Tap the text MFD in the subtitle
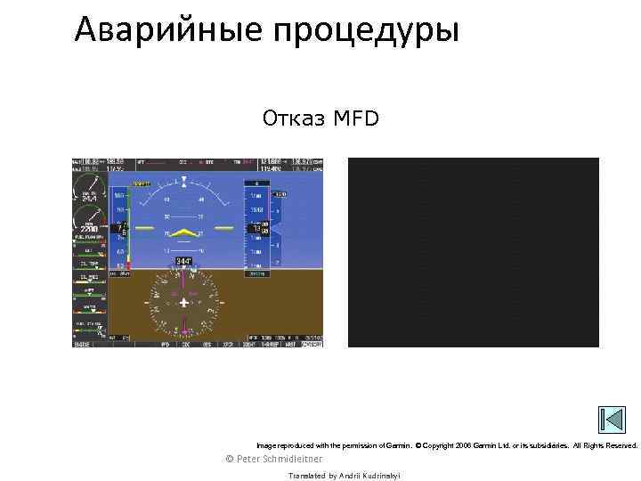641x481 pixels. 354,118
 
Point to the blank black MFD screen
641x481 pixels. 473,252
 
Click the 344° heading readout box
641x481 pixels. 183,261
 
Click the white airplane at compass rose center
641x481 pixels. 183,303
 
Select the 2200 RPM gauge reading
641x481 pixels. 90,228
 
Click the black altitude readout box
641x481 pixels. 259,229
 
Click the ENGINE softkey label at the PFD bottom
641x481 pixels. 82,343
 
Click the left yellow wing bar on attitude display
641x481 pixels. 145,229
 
